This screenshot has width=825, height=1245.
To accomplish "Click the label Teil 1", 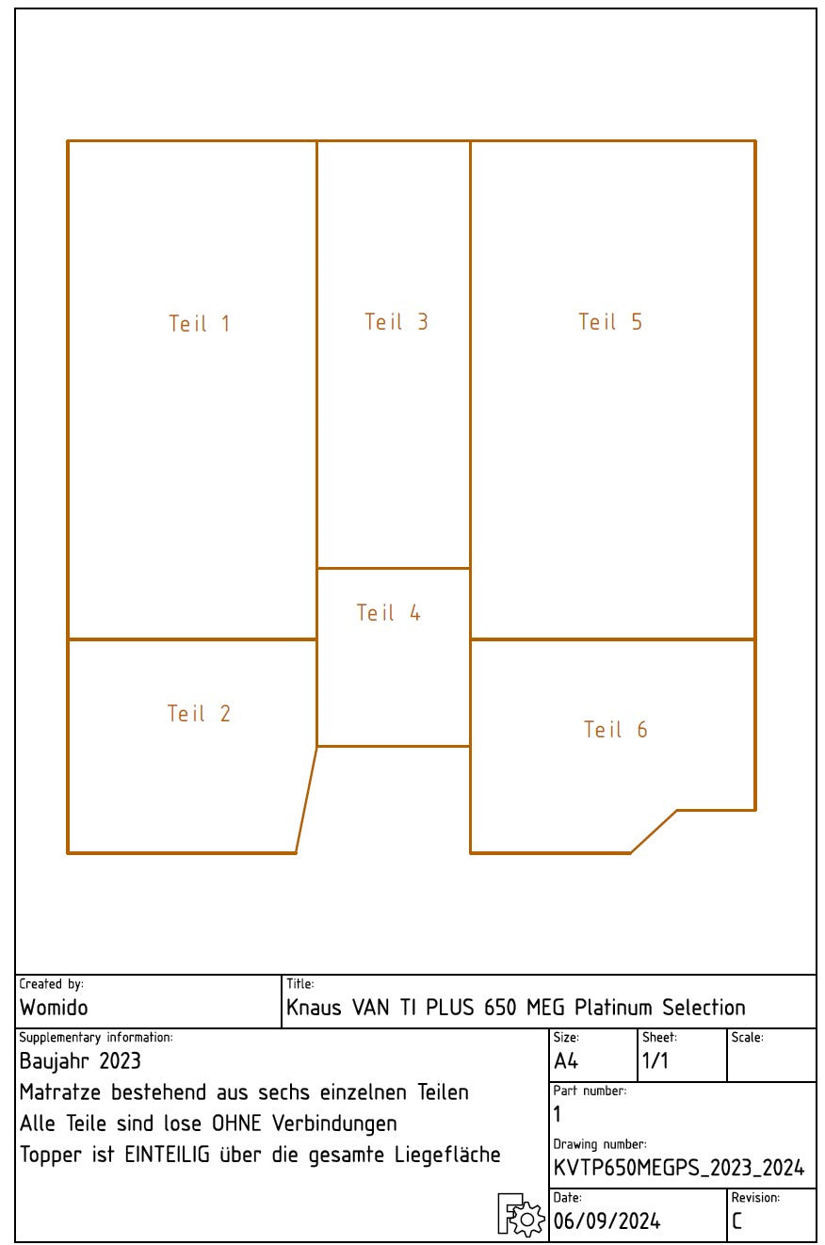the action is click(x=199, y=323).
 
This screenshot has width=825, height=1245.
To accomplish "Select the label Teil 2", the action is click(x=199, y=714).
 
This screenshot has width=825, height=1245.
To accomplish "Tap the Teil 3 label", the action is click(x=396, y=322).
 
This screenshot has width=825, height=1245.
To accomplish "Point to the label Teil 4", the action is click(x=388, y=613).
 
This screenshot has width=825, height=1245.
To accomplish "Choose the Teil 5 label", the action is click(x=610, y=322).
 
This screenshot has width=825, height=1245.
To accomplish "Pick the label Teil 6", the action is click(x=615, y=730).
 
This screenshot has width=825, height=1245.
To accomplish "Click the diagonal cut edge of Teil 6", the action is click(x=654, y=832).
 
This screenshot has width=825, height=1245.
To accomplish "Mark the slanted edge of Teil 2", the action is click(x=306, y=800).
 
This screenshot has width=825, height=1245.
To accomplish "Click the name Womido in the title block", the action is click(x=54, y=1008).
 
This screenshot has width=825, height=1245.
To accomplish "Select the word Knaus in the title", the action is click(x=314, y=1008).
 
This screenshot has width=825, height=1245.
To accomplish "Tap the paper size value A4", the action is click(x=566, y=1061).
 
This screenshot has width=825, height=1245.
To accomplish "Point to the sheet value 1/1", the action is click(x=655, y=1061).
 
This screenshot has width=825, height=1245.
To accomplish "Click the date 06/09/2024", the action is click(x=607, y=1221).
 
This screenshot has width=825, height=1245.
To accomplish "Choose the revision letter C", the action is click(x=736, y=1221).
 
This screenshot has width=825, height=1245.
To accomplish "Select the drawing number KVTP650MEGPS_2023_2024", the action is click(x=679, y=1168).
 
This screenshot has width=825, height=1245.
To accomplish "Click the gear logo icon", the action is click(x=521, y=1215).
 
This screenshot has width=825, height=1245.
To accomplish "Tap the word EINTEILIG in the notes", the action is click(x=167, y=1155).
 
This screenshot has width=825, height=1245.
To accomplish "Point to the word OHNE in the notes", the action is click(x=236, y=1124).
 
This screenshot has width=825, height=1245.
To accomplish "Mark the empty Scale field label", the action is click(x=747, y=1038).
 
